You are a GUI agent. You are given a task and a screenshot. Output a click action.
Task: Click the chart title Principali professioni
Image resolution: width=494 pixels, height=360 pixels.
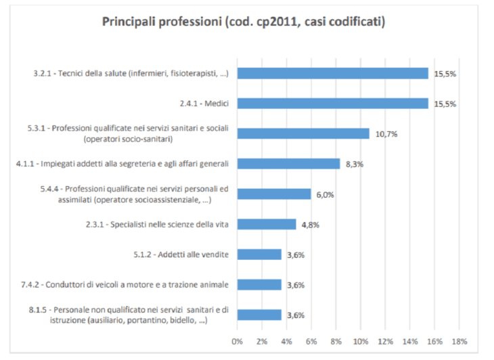pos(244,22)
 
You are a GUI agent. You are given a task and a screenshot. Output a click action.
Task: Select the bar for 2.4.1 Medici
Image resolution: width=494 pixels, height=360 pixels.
pos(332,104)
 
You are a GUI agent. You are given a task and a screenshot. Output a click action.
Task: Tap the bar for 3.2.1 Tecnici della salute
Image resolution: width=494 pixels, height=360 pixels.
pos(332,73)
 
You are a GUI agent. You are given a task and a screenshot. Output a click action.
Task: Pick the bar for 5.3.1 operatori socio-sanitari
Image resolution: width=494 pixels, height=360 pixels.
pos(303,133)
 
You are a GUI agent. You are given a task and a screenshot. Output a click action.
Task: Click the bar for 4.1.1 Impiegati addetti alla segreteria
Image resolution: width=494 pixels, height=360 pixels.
pos(288,164)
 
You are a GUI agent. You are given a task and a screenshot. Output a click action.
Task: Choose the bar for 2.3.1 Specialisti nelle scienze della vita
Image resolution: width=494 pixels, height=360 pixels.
pos(267,224)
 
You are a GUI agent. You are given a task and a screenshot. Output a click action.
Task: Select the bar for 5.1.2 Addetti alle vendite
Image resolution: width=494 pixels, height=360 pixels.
pos(259,254)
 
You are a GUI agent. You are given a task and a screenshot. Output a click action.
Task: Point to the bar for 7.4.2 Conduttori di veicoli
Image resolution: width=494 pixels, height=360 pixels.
pos(259,284)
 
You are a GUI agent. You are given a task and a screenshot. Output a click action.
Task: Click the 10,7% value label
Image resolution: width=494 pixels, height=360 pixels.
pos(386,134)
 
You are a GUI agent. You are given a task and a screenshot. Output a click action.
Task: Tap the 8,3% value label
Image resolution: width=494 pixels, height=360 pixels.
pos(355,164)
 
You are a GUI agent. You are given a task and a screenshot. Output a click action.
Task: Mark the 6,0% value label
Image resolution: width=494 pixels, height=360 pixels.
pos(325,194)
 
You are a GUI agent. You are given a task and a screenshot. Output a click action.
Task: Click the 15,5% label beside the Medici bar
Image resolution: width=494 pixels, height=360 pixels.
pos(445,104)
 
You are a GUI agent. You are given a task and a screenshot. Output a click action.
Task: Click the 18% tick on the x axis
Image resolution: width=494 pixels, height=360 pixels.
pos(459,341)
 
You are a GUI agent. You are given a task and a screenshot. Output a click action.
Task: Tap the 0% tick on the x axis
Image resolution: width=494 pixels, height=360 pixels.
pos(238,341)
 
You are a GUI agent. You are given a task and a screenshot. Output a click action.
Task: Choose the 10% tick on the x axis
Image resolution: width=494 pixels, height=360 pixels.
pos(360,341)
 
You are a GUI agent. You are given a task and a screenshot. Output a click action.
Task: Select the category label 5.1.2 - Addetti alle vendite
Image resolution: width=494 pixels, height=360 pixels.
pos(190,254)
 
